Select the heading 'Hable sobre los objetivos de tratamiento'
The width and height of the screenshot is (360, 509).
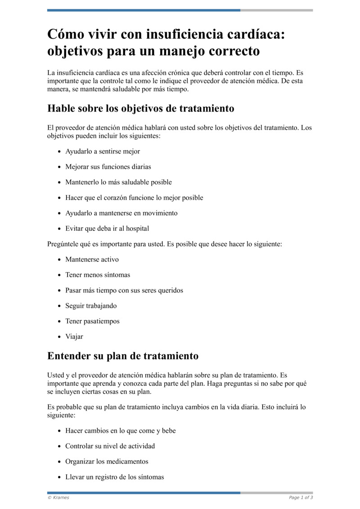[x=141, y=108]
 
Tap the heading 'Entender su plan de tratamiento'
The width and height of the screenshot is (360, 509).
[x=123, y=356]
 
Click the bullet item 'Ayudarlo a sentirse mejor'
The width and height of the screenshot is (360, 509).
[x=103, y=151]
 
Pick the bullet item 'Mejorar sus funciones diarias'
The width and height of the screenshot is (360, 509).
[x=108, y=167]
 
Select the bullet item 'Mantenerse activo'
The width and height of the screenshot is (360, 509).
[x=92, y=259]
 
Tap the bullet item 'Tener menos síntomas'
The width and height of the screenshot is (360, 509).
[x=98, y=275]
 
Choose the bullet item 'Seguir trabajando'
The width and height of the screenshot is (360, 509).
[x=91, y=306]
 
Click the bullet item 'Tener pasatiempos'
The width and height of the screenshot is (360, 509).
[x=92, y=321]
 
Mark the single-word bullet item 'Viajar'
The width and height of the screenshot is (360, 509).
[x=74, y=337]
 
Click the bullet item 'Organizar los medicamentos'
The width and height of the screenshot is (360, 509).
[x=107, y=461]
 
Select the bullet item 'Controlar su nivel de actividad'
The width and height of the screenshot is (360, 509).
[x=110, y=446]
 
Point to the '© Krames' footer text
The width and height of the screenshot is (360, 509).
[x=58, y=497]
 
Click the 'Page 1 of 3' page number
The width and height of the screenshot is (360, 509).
[x=301, y=497]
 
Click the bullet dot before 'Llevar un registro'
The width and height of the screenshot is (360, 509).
[x=59, y=477]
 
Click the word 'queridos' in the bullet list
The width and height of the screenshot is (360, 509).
[x=169, y=290]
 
